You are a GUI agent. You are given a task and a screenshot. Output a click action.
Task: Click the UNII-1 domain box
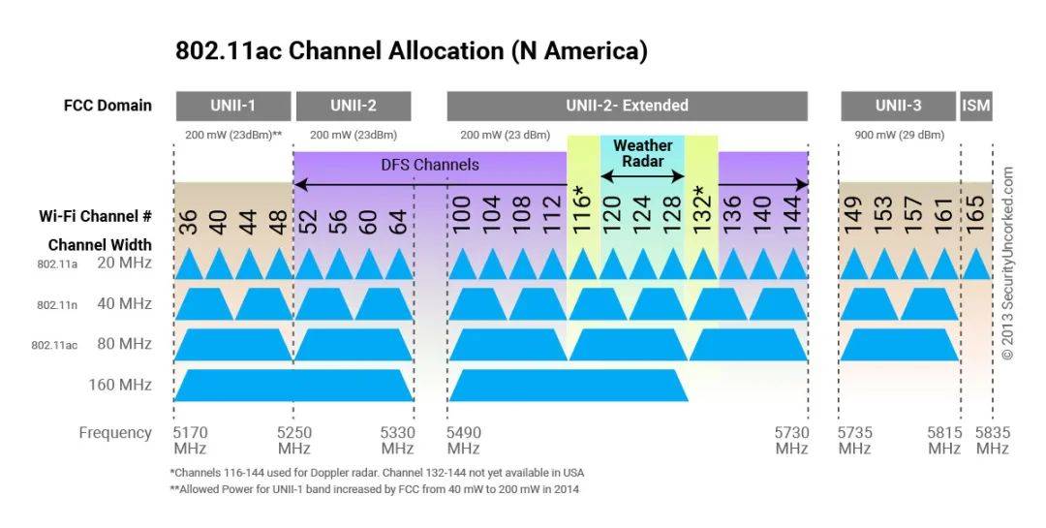tap(233, 106)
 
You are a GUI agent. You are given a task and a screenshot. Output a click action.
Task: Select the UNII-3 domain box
tap(898, 106)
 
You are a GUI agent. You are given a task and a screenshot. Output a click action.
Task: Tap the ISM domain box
tap(976, 106)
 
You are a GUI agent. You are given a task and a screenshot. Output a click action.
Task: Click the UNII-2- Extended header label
tap(627, 106)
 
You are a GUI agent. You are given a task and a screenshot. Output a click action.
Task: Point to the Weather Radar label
tap(642, 153)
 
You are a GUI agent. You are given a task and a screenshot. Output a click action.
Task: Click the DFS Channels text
tap(429, 165)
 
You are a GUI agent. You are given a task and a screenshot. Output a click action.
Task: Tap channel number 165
tap(976, 214)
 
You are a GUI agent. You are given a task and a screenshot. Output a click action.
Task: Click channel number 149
tap(853, 214)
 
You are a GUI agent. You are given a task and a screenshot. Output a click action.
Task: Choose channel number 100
tap(462, 214)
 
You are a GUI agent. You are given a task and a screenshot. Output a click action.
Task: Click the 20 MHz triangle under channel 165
tap(976, 264)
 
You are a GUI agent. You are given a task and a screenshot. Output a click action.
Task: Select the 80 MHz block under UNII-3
tap(898, 345)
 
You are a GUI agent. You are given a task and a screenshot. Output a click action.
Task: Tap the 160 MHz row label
tap(120, 385)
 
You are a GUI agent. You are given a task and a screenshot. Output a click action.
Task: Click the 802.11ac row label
tap(54, 345)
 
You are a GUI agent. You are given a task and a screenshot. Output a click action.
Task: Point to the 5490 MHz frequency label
tap(464, 441)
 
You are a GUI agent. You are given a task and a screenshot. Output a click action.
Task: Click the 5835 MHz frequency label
tap(992, 441)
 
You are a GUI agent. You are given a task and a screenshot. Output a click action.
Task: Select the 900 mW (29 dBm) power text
tap(898, 136)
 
